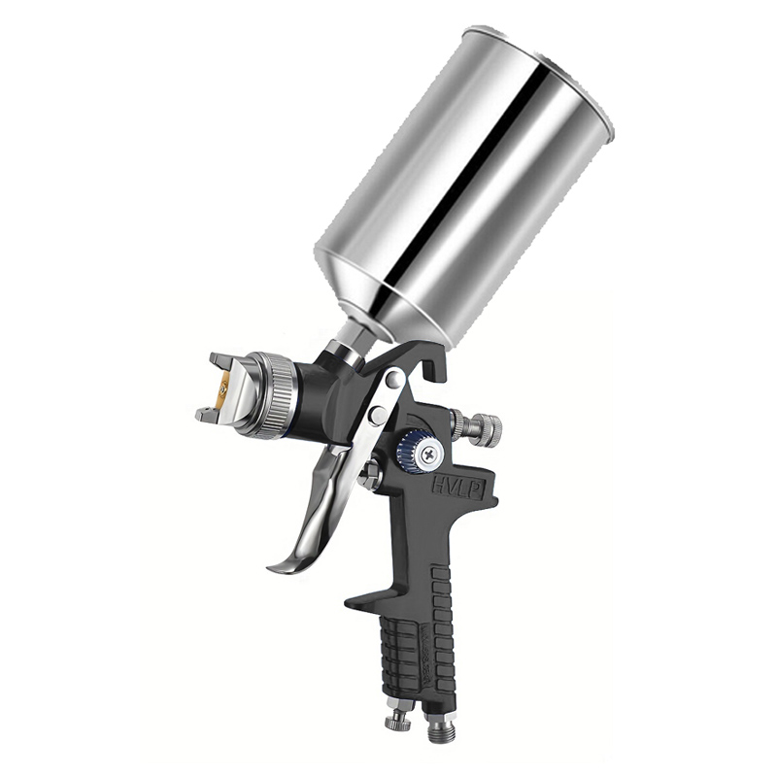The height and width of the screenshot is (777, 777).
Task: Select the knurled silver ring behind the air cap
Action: click(279, 395)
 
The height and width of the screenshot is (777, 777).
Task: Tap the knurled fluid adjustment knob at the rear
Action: click(484, 427)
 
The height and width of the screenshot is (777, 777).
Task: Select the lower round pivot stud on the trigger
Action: click(377, 418)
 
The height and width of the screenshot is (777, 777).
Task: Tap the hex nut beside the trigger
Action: click(370, 477)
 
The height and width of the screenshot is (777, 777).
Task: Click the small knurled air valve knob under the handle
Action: click(396, 720)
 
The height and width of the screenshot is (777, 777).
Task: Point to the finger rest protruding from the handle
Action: click(364, 595)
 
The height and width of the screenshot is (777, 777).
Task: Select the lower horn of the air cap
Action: click(206, 415)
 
